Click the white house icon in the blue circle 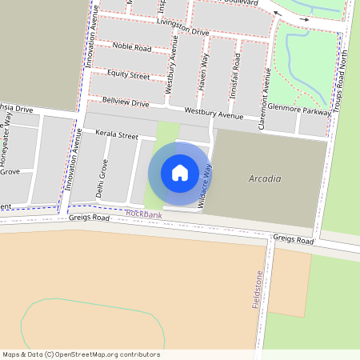click(x=180, y=172)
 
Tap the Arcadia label click(x=265, y=178)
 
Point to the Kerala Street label click(x=117, y=136)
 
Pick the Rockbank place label click(x=144, y=214)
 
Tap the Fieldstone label click(x=258, y=290)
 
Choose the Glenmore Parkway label click(x=300, y=112)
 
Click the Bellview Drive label click(x=126, y=102)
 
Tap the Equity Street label click(x=128, y=75)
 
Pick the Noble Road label click(x=132, y=48)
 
